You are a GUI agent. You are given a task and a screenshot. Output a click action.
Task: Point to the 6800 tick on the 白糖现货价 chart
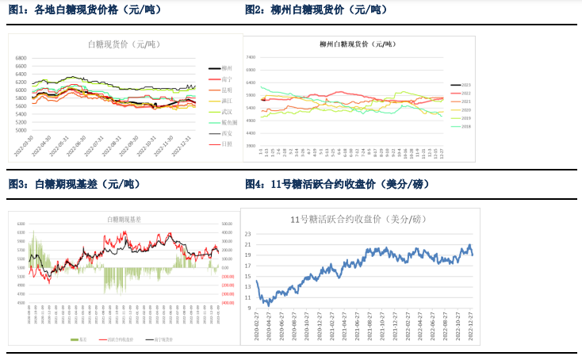(21, 58)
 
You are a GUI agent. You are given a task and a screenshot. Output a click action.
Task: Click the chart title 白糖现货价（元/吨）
(123, 44)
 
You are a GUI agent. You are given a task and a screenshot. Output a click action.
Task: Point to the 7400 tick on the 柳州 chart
(250, 57)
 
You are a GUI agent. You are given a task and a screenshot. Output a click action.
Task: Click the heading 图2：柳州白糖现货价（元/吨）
(317, 10)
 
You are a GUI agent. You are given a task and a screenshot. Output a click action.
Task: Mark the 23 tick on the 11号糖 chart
(248, 234)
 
